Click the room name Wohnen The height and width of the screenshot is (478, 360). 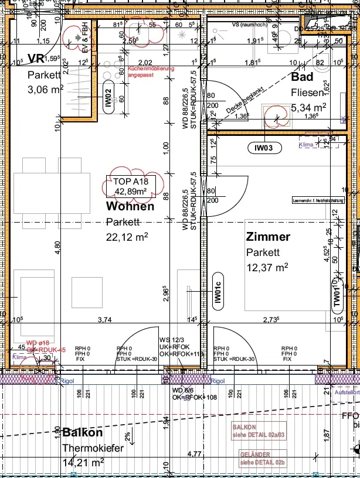(130, 206)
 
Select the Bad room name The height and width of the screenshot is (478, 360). (302, 77)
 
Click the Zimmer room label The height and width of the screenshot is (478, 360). (268, 237)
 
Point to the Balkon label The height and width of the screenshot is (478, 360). (82, 433)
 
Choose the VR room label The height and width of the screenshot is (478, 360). (36, 59)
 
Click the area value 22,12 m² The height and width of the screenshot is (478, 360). (127, 236)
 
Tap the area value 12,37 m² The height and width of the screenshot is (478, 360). (267, 267)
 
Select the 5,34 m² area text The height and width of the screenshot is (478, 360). (308, 107)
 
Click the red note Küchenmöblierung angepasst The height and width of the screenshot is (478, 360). (151, 72)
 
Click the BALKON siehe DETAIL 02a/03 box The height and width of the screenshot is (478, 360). (259, 431)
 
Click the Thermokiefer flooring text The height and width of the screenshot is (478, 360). (93, 448)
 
